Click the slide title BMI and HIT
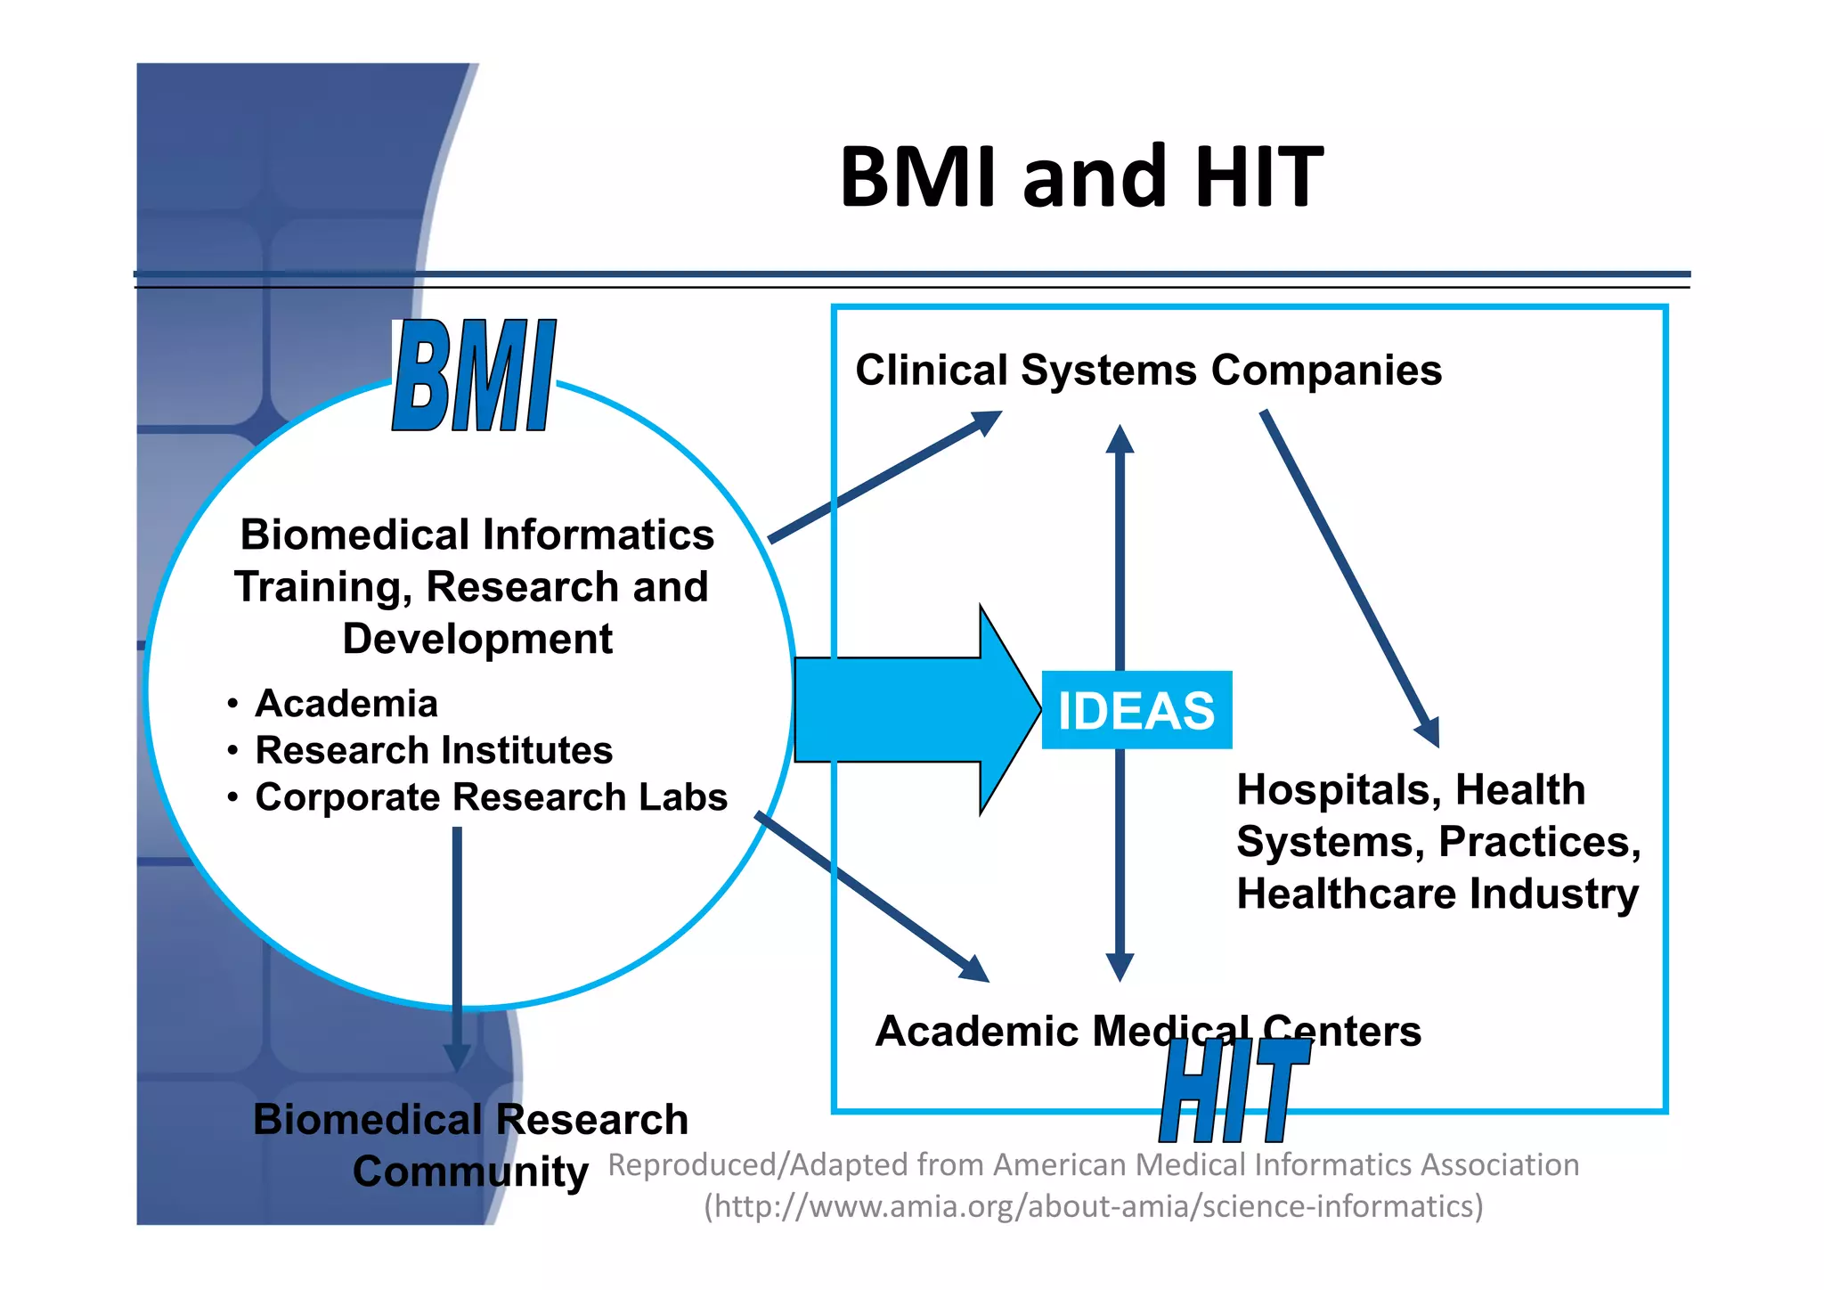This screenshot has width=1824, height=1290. coord(1081,177)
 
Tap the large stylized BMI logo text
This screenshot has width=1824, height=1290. coord(474,376)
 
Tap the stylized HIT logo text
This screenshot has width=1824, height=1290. coord(1234,1091)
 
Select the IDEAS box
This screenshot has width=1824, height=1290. coord(1136,710)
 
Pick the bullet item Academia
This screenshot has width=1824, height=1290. coord(346,704)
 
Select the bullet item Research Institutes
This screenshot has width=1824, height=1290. coord(434,750)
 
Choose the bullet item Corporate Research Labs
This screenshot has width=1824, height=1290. coord(491,797)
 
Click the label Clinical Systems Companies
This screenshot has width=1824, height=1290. coord(1148,370)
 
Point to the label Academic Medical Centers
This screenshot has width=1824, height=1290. coord(1148,1031)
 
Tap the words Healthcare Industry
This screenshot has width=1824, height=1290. coord(1437,894)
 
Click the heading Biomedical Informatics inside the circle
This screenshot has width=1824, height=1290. coord(477,535)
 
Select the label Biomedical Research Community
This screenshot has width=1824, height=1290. coord(470,1144)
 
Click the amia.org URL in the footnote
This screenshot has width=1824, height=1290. coord(1094,1206)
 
